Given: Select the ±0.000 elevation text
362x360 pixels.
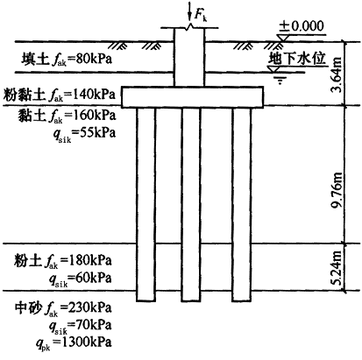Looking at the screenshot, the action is tap(302, 26).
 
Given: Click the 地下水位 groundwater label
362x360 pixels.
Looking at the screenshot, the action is tap(296, 58).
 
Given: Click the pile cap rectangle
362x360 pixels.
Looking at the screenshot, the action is tap(193, 97).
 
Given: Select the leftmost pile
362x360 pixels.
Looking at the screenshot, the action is tap(146, 204).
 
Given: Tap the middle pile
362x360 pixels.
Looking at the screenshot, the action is tap(191, 204).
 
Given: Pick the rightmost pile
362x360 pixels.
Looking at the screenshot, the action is tap(242, 204).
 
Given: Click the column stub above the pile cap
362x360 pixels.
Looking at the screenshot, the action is tap(189, 57).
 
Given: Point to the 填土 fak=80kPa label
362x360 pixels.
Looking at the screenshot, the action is tap(67, 60).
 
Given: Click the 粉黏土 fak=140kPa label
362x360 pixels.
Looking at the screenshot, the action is tap(60, 95).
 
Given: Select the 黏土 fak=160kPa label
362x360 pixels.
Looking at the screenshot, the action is tap(67, 115).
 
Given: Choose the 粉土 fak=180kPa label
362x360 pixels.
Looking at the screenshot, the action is tap(63, 260).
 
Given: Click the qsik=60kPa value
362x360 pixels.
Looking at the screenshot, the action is tap(81, 279).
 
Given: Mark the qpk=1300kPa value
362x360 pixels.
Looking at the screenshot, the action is tap(74, 342).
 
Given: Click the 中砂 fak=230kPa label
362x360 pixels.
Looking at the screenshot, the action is tap(63, 308).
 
